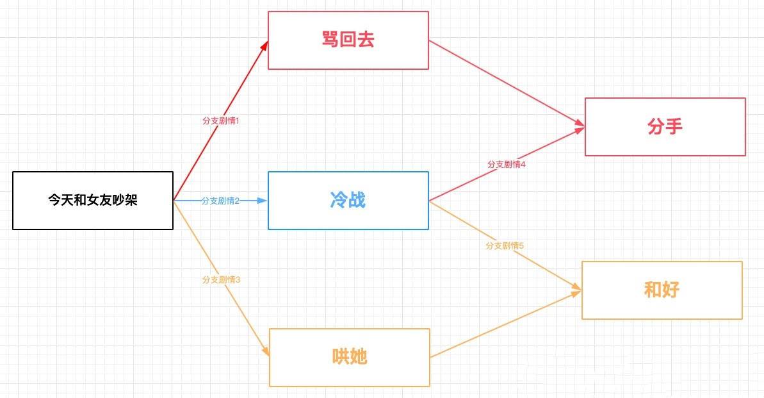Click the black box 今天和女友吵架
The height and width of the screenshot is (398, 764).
[x=93, y=201]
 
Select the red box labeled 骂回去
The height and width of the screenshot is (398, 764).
[x=348, y=40]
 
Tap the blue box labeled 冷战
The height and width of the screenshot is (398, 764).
[x=348, y=200]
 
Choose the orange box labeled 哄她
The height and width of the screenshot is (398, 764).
[x=349, y=357]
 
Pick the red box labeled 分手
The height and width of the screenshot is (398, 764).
[x=665, y=126]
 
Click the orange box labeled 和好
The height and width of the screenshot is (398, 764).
[x=662, y=290]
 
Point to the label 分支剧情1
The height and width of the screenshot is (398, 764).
[x=220, y=120]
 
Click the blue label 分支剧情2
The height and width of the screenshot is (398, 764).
[x=220, y=201]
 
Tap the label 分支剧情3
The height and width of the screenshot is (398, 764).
[x=220, y=279]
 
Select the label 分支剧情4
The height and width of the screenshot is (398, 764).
[x=506, y=164]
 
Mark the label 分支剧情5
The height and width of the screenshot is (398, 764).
[x=505, y=245]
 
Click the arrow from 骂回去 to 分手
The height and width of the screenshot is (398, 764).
[x=506, y=83]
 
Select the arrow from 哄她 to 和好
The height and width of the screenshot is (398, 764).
[x=506, y=324]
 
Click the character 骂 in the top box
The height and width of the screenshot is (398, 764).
[x=330, y=40]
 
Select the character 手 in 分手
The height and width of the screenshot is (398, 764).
[x=674, y=126]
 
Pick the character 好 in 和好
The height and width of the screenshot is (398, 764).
[x=671, y=290]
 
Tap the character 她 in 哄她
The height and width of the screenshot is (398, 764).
[x=359, y=357]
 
